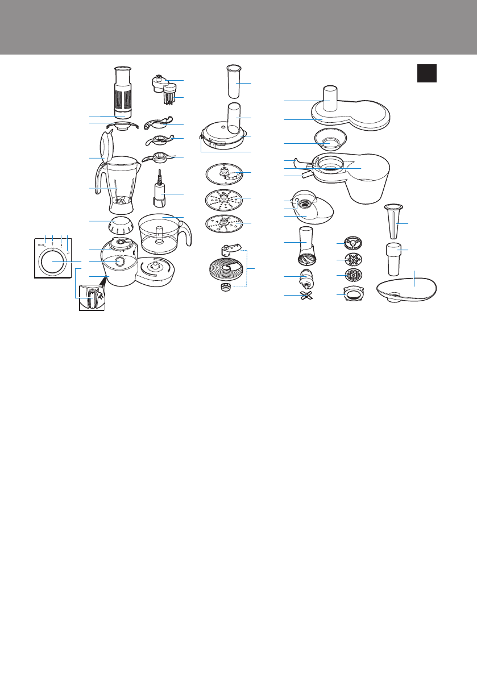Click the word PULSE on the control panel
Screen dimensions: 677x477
pyautogui.click(x=41, y=244)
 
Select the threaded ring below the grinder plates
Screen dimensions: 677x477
pyautogui.click(x=349, y=296)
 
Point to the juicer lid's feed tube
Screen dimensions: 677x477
pyautogui.click(x=330, y=97)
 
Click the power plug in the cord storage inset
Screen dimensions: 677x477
pyautogui.click(x=92, y=296)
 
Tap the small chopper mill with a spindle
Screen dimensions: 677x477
pyautogui.click(x=161, y=192)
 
